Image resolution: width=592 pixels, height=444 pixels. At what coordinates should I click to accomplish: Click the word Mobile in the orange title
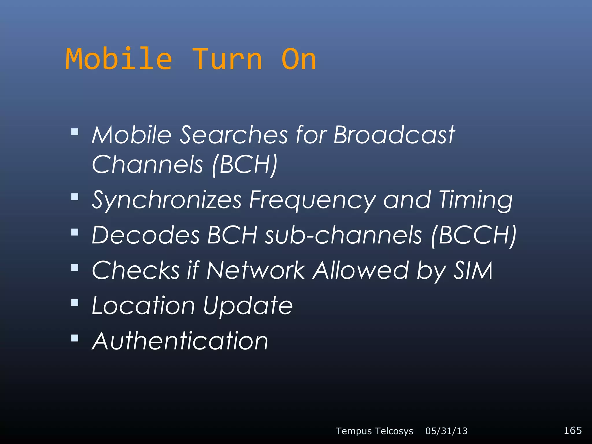[119, 59]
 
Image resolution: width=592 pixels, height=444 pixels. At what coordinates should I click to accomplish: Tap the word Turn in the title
[227, 59]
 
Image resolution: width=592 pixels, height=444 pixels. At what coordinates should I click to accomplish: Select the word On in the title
[299, 59]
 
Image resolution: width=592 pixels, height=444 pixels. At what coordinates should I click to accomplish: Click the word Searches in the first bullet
[234, 135]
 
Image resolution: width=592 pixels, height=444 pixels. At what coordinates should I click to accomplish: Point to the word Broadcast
[394, 135]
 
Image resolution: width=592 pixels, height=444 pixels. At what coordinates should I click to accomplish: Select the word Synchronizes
[166, 200]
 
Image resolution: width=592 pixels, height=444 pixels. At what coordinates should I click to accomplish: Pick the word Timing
[476, 200]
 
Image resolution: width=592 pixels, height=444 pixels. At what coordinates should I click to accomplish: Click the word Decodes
[146, 235]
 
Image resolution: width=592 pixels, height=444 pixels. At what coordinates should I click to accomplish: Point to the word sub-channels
[343, 235]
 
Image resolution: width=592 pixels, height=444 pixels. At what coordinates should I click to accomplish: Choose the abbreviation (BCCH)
[473, 235]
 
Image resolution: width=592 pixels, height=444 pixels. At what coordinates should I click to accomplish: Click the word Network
[256, 270]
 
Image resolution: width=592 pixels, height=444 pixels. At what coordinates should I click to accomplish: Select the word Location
[143, 306]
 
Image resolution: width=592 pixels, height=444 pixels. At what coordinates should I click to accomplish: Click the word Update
[248, 306]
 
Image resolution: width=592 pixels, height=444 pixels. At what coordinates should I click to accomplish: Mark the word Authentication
[180, 341]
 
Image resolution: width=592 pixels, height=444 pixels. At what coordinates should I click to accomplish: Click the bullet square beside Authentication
[75, 338]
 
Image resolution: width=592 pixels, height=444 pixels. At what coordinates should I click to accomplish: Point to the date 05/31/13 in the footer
[446, 431]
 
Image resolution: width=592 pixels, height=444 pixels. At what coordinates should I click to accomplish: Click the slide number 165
[572, 430]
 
